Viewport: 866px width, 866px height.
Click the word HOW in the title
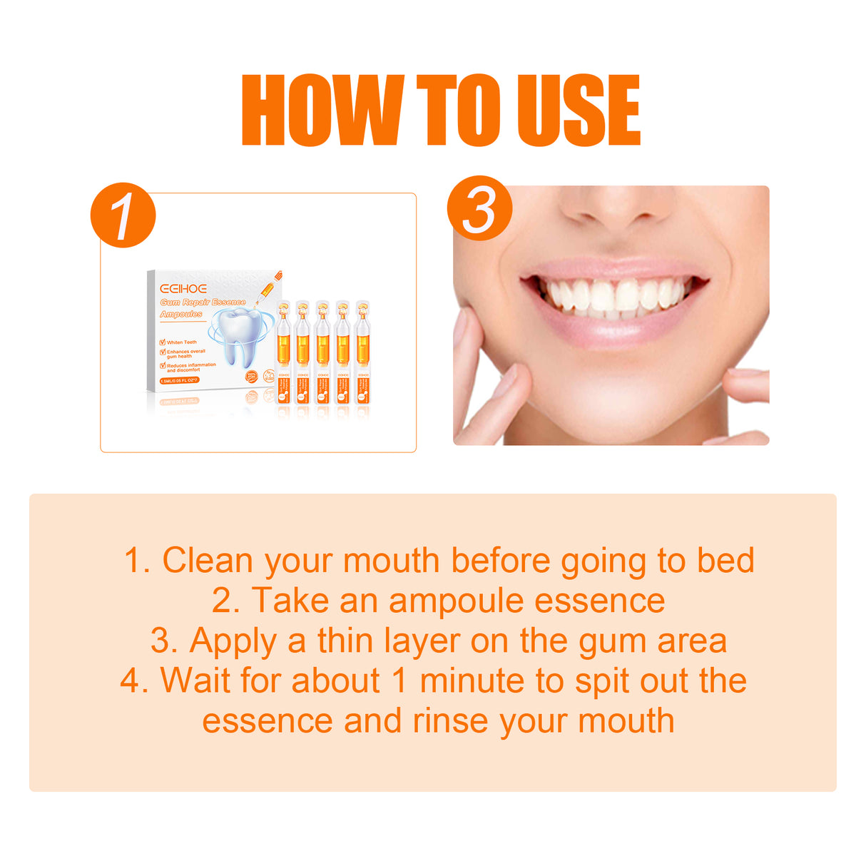point(322,111)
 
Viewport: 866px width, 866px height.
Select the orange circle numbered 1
point(123,215)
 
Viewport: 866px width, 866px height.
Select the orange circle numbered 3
point(479,208)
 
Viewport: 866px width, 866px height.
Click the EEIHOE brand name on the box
point(183,289)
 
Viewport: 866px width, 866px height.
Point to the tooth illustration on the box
point(240,335)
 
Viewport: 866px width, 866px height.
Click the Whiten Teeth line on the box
point(181,342)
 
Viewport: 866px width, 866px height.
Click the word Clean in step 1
point(208,561)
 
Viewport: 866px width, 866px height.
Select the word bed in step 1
point(725,561)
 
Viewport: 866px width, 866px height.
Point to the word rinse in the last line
point(453,720)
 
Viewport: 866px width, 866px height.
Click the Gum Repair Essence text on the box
point(203,302)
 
